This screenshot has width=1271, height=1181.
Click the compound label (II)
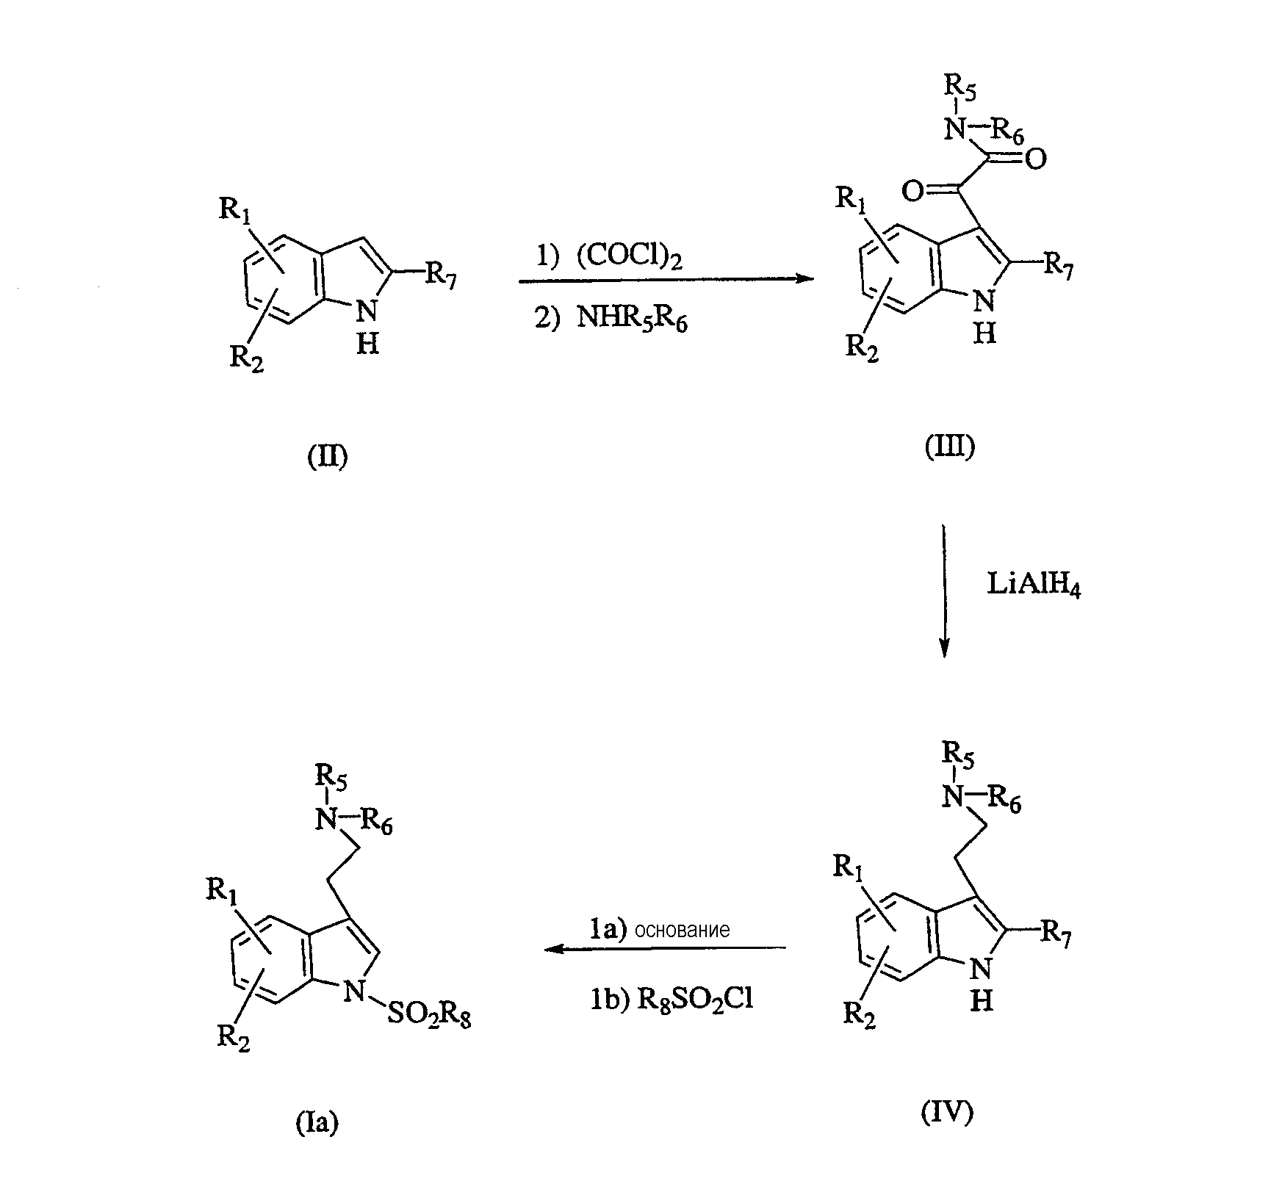click(327, 456)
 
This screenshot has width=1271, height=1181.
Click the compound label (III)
click(949, 447)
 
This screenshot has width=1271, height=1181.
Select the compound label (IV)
click(947, 1113)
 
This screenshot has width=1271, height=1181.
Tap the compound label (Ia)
click(318, 1122)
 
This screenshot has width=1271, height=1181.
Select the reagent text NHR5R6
click(632, 320)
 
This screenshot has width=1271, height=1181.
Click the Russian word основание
click(683, 930)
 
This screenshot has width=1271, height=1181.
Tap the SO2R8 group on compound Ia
click(429, 1016)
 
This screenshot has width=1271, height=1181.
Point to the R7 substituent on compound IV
click(1056, 933)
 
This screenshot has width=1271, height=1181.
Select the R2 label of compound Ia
click(234, 1039)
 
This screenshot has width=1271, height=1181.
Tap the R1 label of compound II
click(234, 211)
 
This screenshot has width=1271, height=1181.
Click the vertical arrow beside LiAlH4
click(945, 590)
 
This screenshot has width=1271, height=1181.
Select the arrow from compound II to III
click(666, 279)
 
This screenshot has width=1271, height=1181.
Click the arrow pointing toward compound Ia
click(665, 949)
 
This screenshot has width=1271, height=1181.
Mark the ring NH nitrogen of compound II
click(367, 311)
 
